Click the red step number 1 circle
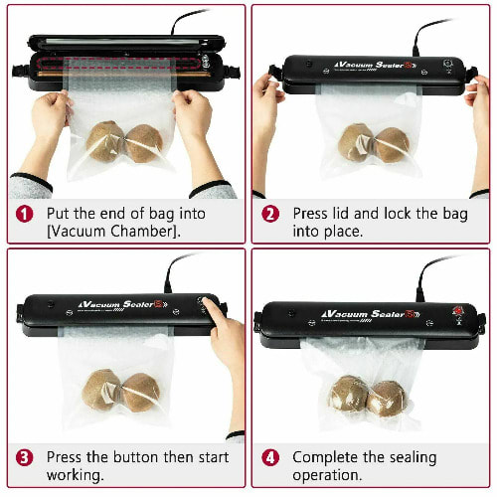(x=25, y=214)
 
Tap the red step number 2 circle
(x=270, y=214)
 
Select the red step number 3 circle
(x=25, y=458)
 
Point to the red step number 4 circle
(x=270, y=458)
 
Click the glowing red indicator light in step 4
(x=458, y=311)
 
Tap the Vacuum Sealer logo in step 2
(x=375, y=65)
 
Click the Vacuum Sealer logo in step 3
(x=122, y=305)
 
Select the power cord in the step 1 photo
(x=188, y=21)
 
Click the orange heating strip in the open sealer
(x=123, y=74)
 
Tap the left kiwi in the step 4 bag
(x=348, y=394)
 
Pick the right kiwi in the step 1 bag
(x=144, y=143)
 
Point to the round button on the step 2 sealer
(x=448, y=64)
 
